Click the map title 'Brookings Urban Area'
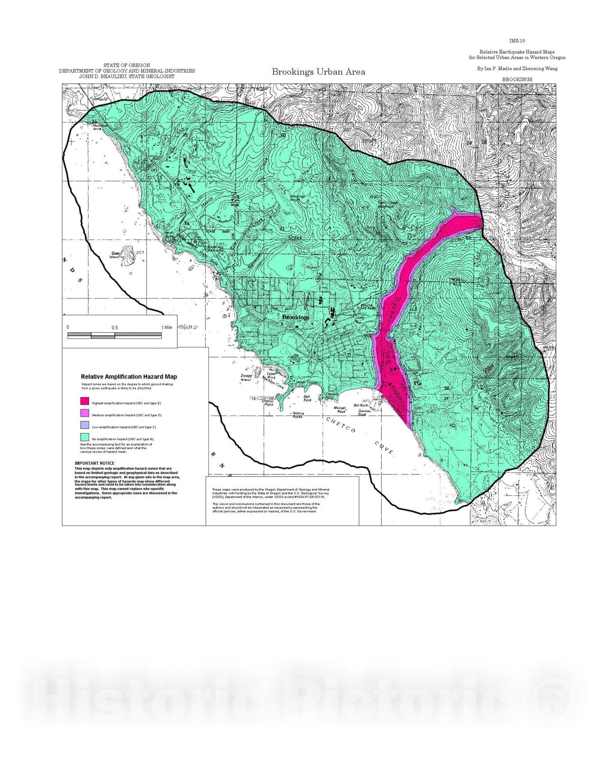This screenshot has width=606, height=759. (x=318, y=72)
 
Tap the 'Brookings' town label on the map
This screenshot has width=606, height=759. (x=295, y=317)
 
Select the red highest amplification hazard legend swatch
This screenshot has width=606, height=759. (x=85, y=402)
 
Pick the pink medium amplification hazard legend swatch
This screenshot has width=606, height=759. (x=85, y=414)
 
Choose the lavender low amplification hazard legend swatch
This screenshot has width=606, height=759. (x=85, y=426)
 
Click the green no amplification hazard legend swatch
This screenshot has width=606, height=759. (x=85, y=437)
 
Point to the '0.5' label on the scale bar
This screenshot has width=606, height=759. (x=115, y=328)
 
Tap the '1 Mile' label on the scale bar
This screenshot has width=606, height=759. (x=166, y=328)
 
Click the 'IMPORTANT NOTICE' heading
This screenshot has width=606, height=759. (x=94, y=463)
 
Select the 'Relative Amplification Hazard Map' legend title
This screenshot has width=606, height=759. (x=129, y=377)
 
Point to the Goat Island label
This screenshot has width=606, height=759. (x=115, y=255)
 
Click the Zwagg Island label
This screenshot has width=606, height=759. (x=246, y=378)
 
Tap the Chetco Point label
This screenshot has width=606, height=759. (x=267, y=402)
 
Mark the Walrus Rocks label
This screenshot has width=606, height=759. (x=298, y=415)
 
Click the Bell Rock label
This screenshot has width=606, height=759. (x=307, y=398)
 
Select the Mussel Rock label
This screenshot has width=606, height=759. (x=340, y=409)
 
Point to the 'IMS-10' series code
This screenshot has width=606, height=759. (x=517, y=41)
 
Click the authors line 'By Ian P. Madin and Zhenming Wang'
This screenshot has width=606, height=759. (x=517, y=68)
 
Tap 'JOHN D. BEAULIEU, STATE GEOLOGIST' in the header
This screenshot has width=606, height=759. (x=127, y=76)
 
